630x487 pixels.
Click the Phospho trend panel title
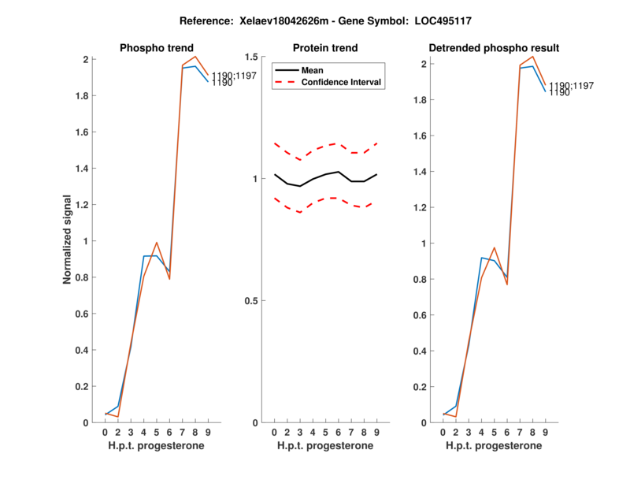[x=156, y=48]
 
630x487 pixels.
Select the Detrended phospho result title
[x=494, y=48]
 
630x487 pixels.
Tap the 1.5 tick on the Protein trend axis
[x=254, y=57]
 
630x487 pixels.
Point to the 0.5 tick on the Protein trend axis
[x=254, y=301]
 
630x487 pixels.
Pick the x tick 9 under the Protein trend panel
[x=377, y=433]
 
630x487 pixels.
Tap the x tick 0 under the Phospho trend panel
[x=106, y=433]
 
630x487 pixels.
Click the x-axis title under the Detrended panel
[x=494, y=445]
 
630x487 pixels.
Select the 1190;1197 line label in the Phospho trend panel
[x=234, y=76]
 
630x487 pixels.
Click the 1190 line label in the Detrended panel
[x=560, y=93]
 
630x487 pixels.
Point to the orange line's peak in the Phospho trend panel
[x=195, y=56]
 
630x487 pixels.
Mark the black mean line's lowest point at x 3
[x=300, y=186]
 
